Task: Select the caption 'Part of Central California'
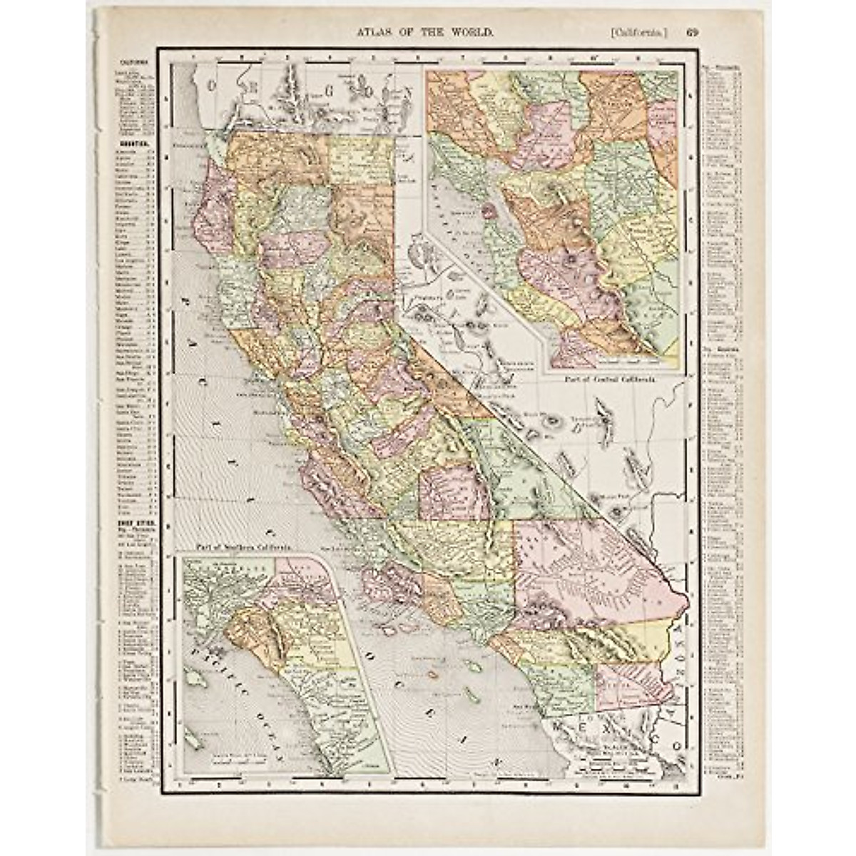tap(609, 379)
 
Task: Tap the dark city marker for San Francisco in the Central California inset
tap(489, 211)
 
